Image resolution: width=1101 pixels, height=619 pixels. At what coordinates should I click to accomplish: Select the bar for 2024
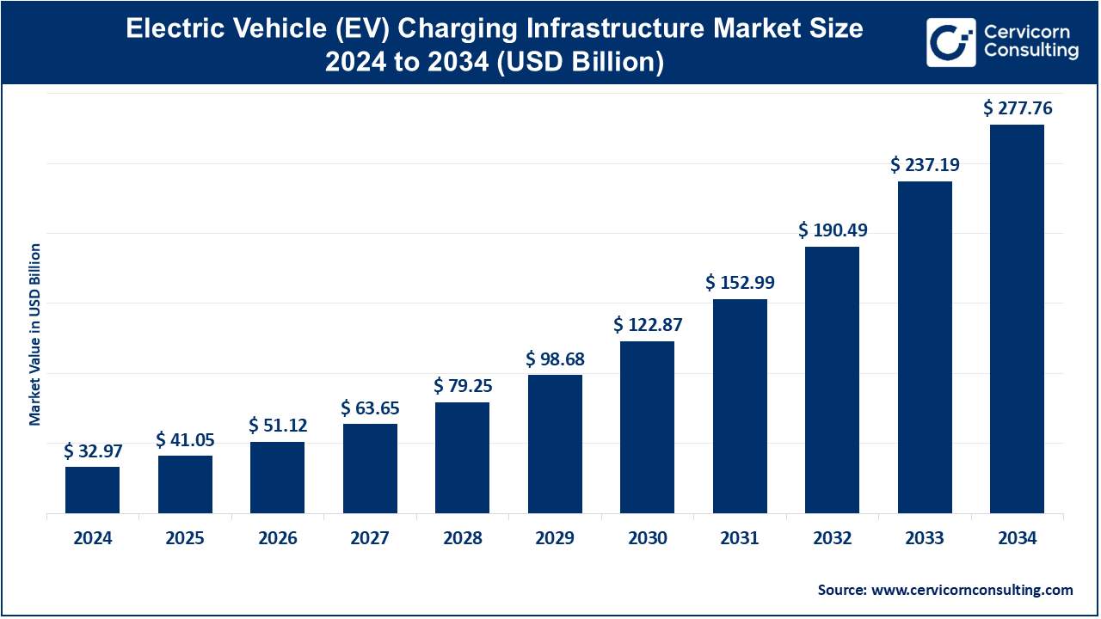[92, 490]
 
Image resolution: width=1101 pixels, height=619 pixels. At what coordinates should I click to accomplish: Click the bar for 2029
[555, 444]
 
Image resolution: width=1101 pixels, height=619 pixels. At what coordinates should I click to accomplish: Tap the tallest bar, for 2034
[1017, 319]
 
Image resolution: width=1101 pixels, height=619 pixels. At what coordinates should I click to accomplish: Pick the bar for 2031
[740, 407]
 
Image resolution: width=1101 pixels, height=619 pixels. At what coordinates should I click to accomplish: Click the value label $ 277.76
[1018, 108]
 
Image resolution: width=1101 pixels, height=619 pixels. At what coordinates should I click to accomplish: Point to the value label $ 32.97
[92, 450]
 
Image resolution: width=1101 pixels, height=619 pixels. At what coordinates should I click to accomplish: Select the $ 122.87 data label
[647, 325]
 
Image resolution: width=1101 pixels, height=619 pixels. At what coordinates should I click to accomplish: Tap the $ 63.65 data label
[370, 408]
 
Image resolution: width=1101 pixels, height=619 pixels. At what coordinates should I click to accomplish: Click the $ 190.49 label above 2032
[832, 230]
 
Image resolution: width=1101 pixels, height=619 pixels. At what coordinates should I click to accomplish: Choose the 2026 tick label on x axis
[277, 539]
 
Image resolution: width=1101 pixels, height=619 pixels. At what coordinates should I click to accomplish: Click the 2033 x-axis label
[925, 539]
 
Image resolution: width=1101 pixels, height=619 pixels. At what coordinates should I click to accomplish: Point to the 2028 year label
[462, 539]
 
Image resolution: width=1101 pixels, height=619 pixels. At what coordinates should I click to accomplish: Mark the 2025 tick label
[185, 539]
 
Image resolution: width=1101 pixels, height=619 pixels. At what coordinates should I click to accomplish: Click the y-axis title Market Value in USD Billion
[35, 334]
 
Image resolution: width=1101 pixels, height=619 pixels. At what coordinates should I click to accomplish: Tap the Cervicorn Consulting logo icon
[950, 42]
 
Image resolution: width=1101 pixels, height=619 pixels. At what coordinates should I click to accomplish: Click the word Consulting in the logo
[1030, 52]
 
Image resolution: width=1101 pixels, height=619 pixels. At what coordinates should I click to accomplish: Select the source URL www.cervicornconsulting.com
[972, 590]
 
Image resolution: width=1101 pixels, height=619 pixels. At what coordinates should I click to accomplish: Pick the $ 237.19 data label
[925, 164]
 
